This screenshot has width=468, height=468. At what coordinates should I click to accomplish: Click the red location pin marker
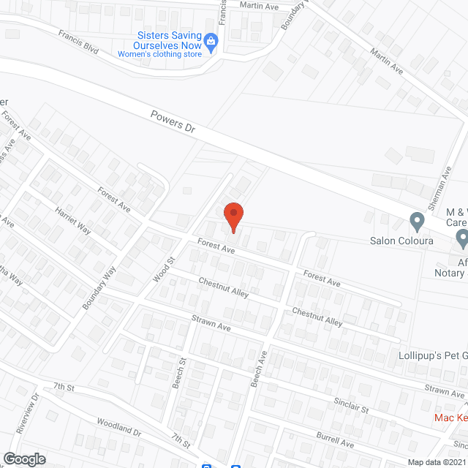click(233, 216)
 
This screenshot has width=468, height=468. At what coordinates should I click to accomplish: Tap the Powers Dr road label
click(173, 121)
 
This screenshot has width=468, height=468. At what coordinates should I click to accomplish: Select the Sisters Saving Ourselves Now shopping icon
click(211, 41)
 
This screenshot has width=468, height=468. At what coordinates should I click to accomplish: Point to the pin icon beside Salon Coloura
click(417, 220)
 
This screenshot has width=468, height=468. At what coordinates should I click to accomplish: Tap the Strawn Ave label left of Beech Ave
click(211, 323)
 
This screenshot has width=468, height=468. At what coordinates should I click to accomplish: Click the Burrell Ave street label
click(336, 441)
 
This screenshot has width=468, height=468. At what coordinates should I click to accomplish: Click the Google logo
click(23, 458)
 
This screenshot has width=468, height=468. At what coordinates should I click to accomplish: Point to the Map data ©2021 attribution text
click(437, 462)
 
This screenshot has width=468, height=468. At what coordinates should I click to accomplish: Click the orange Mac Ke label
click(450, 418)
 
